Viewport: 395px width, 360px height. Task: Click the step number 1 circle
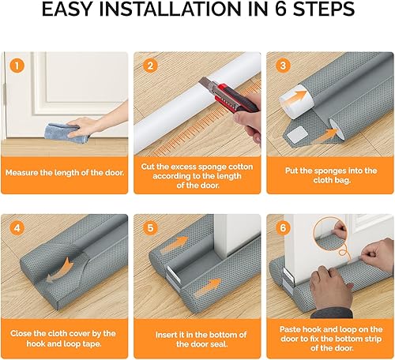click(x=17, y=66)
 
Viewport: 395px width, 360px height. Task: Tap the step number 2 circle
click(x=150, y=66)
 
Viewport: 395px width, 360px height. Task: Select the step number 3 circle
click(x=283, y=66)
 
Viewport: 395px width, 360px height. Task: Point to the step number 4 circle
click(x=17, y=228)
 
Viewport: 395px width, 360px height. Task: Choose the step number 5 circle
click(x=150, y=228)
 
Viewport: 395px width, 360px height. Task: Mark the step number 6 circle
click(x=283, y=228)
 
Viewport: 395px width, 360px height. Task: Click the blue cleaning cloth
click(x=67, y=133)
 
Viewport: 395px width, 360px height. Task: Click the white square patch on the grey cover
click(x=296, y=134)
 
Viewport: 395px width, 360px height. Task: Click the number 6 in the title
click(x=281, y=9)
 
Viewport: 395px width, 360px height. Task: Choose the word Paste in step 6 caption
click(x=290, y=329)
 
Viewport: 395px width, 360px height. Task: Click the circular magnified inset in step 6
click(x=331, y=234)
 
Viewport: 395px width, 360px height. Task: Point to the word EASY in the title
click(x=68, y=9)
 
